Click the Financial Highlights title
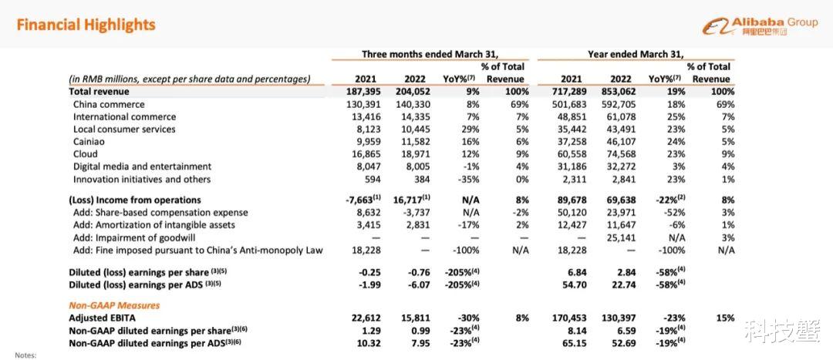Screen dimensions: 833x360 tap(86, 25)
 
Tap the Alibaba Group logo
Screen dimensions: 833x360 tap(760, 25)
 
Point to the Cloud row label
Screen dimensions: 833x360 tap(86, 154)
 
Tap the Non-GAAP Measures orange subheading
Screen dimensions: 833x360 tap(114, 305)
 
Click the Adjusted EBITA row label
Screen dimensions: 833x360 tap(103, 318)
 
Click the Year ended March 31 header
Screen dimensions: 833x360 tap(636, 54)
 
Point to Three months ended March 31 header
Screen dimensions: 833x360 tap(430, 54)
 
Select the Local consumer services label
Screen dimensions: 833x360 tap(124, 129)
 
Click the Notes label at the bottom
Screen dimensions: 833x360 tap(25, 355)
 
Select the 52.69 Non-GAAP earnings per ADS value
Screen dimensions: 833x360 tap(624, 343)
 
